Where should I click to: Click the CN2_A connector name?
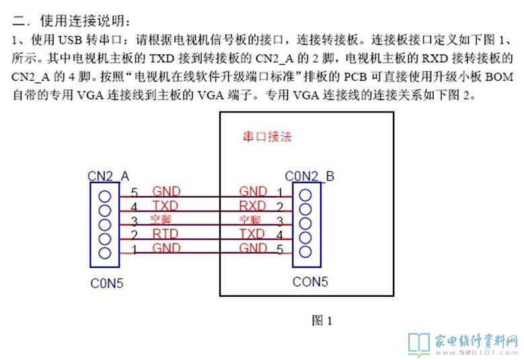point(108,176)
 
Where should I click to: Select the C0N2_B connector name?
point(309,176)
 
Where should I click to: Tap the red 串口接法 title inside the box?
point(267,137)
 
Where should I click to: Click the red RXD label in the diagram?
point(252,205)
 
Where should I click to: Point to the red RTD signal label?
point(165,234)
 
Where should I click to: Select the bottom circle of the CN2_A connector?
point(104,252)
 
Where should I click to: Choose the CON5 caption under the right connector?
point(310,282)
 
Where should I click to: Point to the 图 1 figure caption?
point(322,320)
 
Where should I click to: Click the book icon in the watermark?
point(419,343)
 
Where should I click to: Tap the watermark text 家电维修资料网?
point(474,338)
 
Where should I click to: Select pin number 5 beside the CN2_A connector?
point(135,192)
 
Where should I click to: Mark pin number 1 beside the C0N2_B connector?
point(279,192)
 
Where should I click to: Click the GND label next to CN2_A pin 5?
point(166,192)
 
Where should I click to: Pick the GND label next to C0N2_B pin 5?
point(252,247)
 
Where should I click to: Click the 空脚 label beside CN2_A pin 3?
point(161,219)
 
